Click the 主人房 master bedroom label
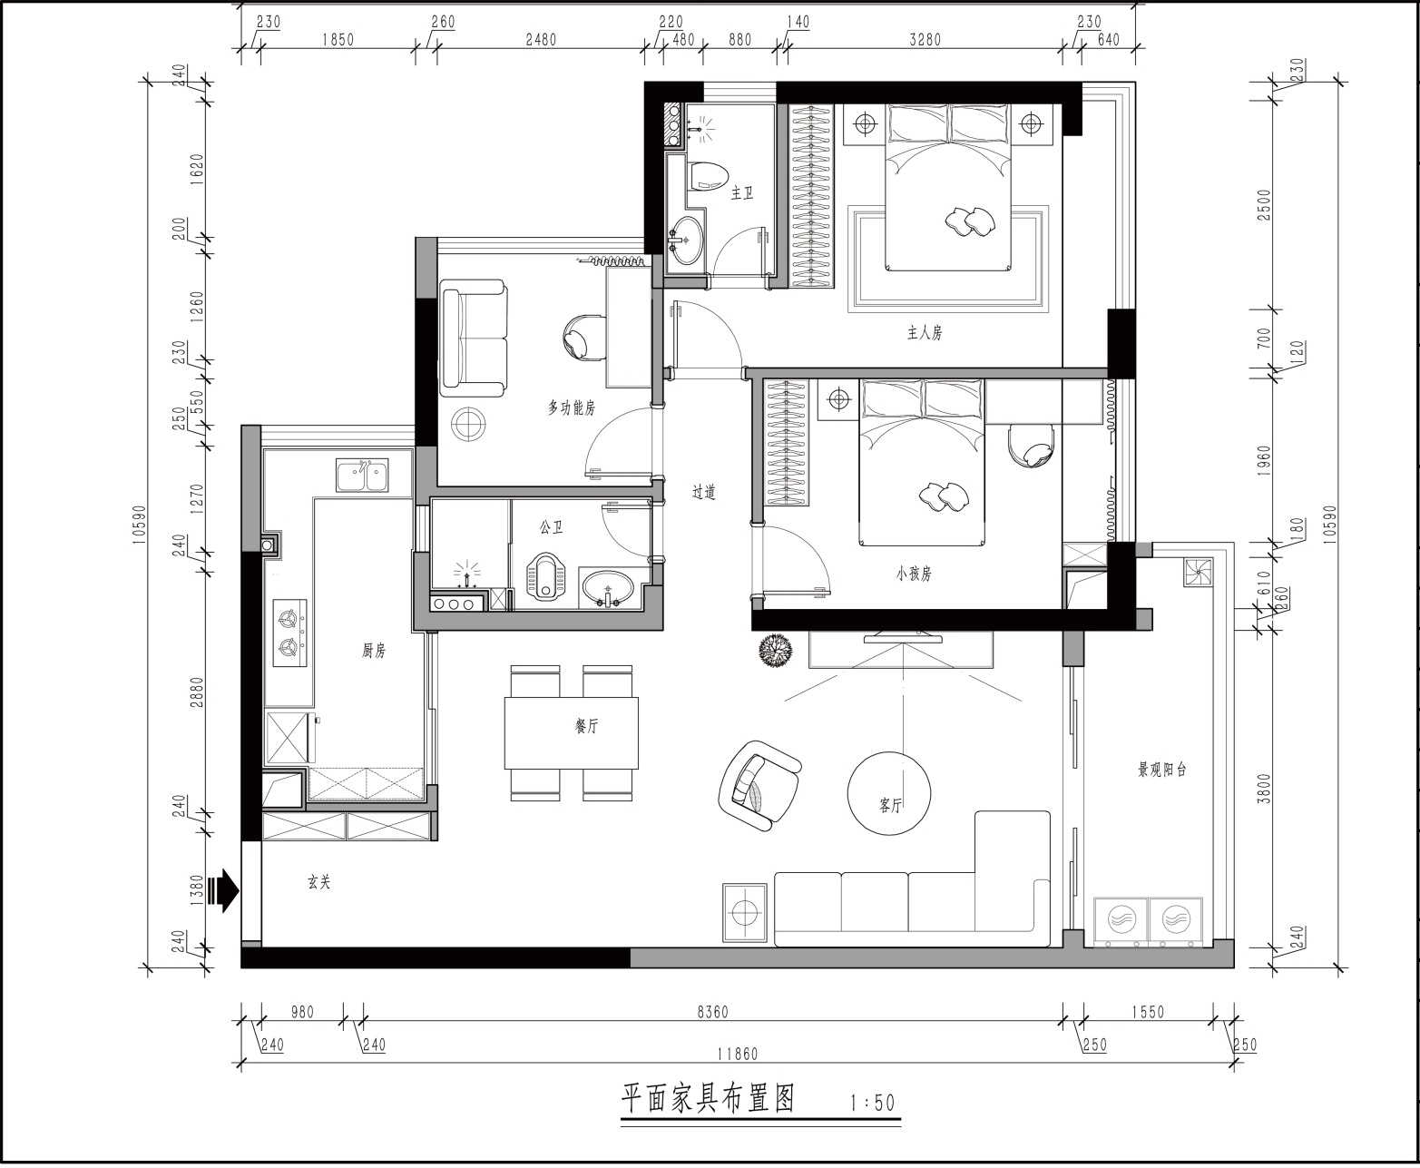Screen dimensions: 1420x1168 (x=925, y=333)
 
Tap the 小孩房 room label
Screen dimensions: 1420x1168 (x=914, y=574)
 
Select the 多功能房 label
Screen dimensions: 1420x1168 (x=571, y=407)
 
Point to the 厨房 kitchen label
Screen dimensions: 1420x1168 (x=374, y=650)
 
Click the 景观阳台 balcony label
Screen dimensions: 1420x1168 (x=1162, y=770)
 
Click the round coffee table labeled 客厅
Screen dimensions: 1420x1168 (x=889, y=793)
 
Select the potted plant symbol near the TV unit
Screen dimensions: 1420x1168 (x=775, y=650)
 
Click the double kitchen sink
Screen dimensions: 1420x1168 (x=362, y=475)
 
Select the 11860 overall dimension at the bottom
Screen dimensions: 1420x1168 (x=738, y=1054)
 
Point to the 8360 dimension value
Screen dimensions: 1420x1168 (x=712, y=1012)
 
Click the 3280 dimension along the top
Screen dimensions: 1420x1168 (x=925, y=40)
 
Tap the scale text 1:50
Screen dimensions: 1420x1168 (x=872, y=1103)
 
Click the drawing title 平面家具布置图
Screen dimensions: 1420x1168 (x=708, y=1098)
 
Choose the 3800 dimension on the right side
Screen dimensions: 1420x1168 (x=1264, y=788)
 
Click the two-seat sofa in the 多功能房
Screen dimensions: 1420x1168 (x=474, y=339)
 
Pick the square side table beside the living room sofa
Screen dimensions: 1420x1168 (x=745, y=913)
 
